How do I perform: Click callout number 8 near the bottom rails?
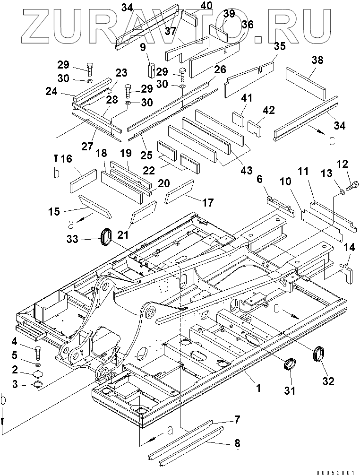[237, 443]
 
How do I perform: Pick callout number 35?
[280, 46]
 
